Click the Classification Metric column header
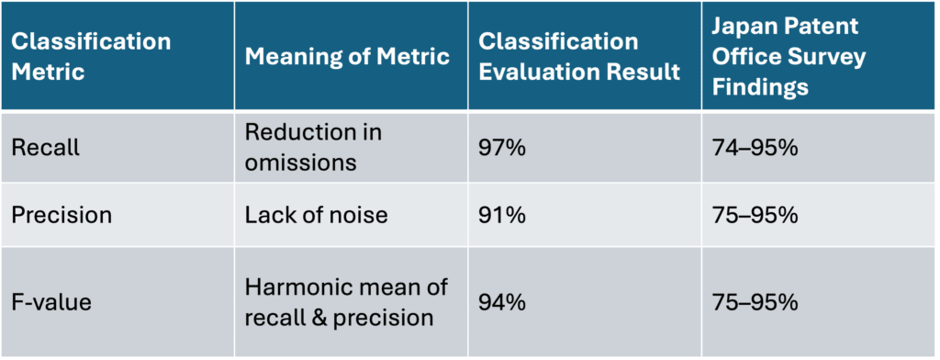pos(91,56)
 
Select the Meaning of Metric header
pos(347,56)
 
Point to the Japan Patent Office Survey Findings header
pos(788,56)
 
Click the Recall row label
pos(46,148)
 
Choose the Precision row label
pos(62,215)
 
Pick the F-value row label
pos(52,300)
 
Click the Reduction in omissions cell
pos(313,147)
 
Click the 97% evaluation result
pos(502,148)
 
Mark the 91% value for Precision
pos(501,215)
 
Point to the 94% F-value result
pos(502,300)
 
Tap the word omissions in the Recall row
pos(291,162)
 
